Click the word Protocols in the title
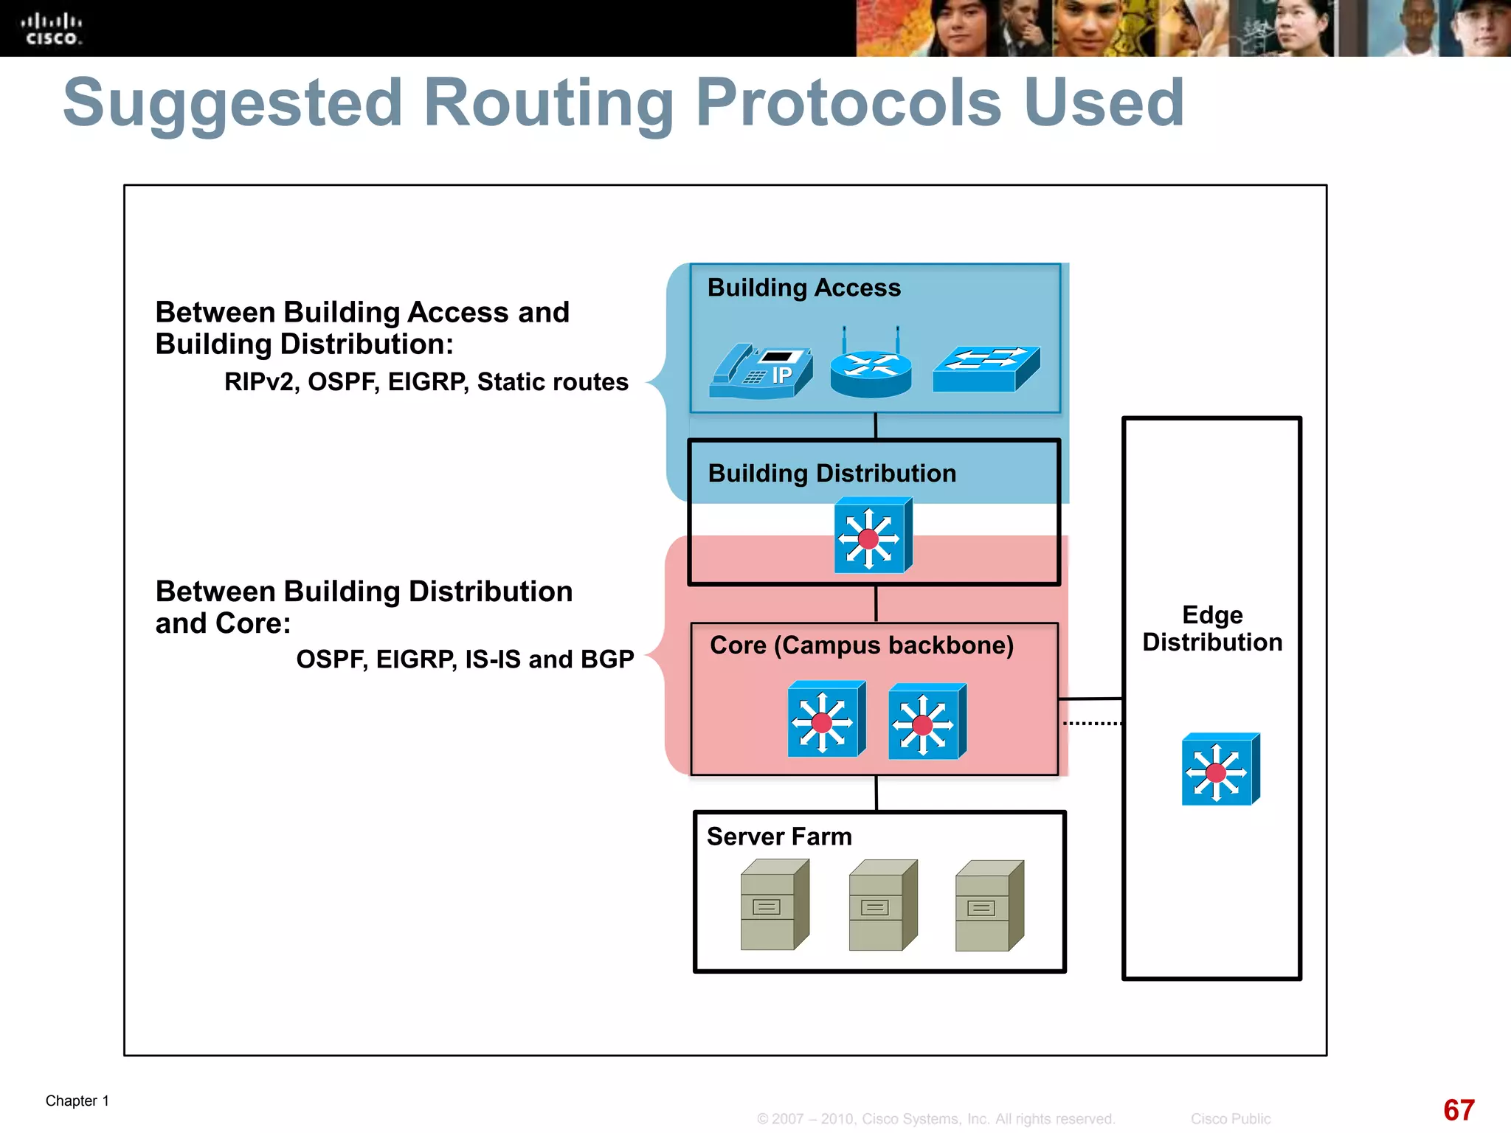(848, 103)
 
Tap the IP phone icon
(761, 372)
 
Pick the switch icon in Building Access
(986, 369)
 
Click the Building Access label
(803, 288)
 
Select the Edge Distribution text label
(1212, 628)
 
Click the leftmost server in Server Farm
(774, 905)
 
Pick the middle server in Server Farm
(882, 905)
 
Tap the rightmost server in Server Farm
(989, 905)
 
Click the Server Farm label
(779, 836)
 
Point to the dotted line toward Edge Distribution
(1092, 724)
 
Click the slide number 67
(1458, 1110)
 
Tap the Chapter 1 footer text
(77, 1101)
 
